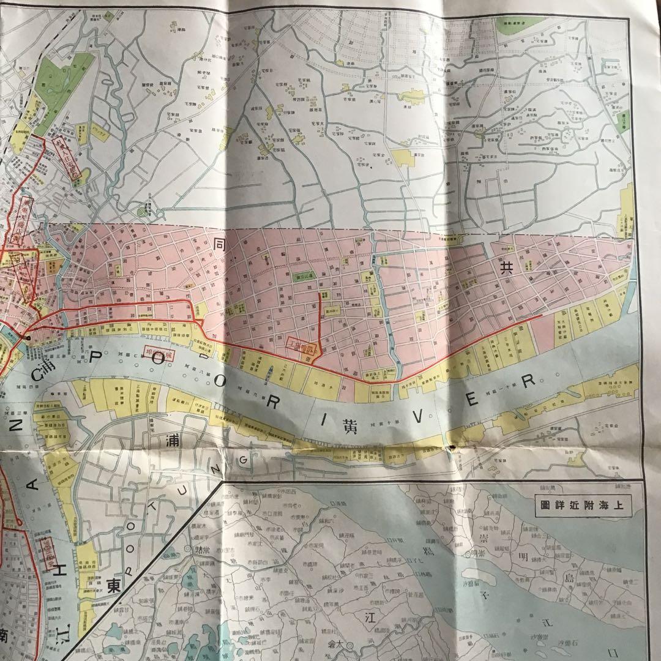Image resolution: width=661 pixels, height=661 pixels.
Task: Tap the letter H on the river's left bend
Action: pos(50,561)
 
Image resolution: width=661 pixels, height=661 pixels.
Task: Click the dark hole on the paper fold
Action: pos(454,448)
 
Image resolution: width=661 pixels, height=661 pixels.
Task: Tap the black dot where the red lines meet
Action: pos(28,337)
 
